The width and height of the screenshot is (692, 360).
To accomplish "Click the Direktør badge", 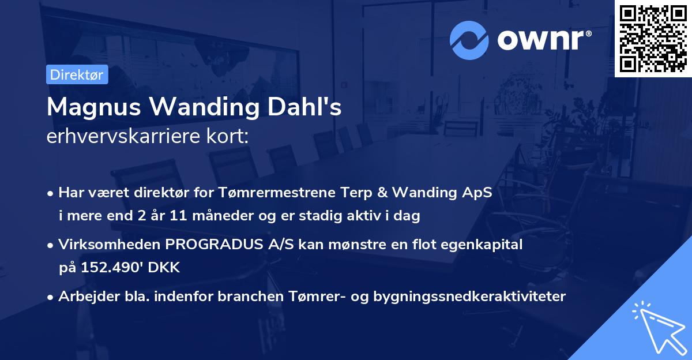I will (x=77, y=74).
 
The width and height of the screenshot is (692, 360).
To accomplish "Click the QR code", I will (x=653, y=39).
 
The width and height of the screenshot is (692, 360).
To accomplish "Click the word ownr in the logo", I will (x=543, y=39).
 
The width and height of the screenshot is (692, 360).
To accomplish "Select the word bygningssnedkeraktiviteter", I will (x=470, y=297).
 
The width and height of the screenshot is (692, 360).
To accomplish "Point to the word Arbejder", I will (x=82, y=297).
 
